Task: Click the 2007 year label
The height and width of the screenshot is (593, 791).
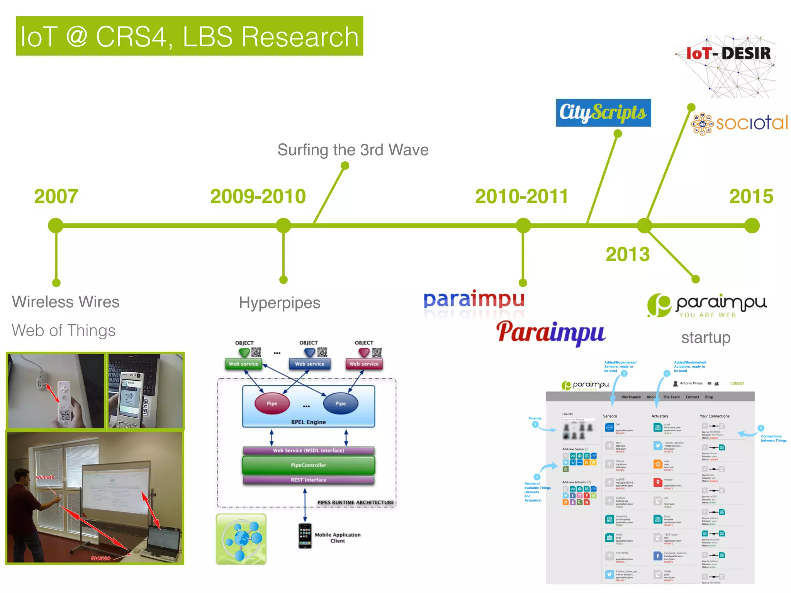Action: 56,196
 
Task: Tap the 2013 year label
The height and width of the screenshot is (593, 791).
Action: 627,254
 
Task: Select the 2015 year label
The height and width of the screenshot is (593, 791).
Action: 751,196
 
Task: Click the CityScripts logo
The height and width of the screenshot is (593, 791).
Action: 603,113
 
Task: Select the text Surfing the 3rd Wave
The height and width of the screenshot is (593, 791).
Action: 353,150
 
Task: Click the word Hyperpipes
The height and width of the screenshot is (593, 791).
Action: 279,303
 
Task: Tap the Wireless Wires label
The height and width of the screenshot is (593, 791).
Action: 66,302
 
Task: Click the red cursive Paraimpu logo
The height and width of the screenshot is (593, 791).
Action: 550,333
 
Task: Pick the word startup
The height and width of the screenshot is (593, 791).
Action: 706,337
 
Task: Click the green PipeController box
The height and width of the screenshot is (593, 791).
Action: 308,465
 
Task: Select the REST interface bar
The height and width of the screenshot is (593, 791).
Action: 308,480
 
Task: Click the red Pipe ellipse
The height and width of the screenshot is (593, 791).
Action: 272,403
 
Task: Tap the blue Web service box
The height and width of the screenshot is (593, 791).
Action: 309,364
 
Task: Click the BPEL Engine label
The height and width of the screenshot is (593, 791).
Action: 308,422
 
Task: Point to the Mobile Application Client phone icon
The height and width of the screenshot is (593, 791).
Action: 305,535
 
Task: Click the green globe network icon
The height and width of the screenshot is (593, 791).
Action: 241,539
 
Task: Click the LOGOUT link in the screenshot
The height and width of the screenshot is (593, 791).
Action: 737,383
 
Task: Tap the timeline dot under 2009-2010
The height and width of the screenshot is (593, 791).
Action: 283,225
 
